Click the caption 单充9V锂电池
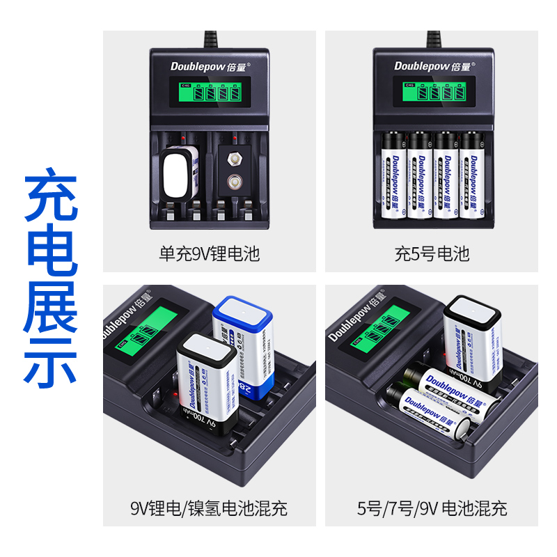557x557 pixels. pyautogui.click(x=209, y=253)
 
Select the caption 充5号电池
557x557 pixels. pyautogui.click(x=432, y=253)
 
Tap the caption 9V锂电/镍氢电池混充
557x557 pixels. pyautogui.click(x=209, y=508)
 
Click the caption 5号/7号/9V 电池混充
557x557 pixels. pyautogui.click(x=432, y=508)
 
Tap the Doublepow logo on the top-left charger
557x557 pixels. pyautogui.click(x=210, y=66)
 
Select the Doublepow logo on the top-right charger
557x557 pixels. pyautogui.click(x=432, y=66)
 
